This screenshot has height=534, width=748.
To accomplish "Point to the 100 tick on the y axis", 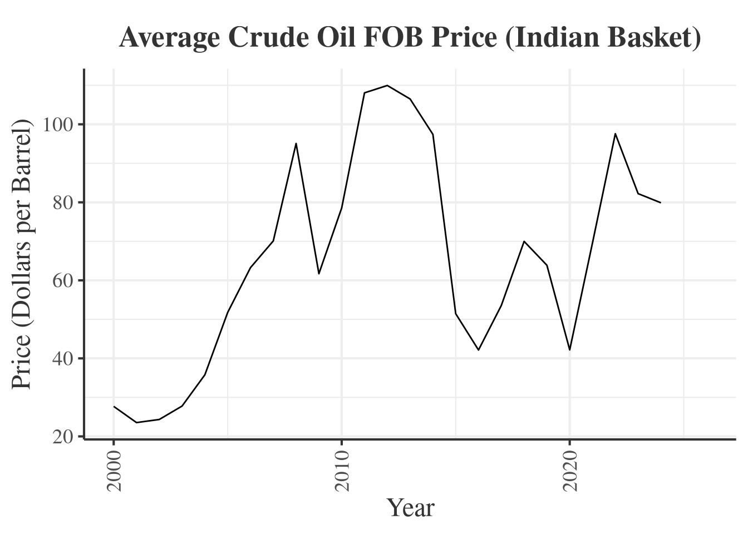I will [x=58, y=125].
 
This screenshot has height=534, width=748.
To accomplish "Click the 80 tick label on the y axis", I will [x=63, y=202].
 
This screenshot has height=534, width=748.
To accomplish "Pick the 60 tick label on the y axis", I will [x=63, y=280].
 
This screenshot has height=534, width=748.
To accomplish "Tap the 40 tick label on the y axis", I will [x=63, y=358].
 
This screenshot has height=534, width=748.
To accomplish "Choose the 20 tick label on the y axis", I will [x=63, y=437].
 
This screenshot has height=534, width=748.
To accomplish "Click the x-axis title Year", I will [x=410, y=508].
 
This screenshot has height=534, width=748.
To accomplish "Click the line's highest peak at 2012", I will [x=387, y=86].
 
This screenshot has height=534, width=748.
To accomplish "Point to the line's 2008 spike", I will [x=296, y=144].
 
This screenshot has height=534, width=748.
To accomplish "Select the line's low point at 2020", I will [x=569, y=349].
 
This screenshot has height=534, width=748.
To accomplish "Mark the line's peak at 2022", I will [x=615, y=133].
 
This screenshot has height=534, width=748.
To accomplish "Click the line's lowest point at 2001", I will [x=136, y=423].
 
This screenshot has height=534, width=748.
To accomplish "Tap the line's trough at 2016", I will [x=478, y=349].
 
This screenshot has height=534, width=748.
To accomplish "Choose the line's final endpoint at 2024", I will [x=661, y=202].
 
